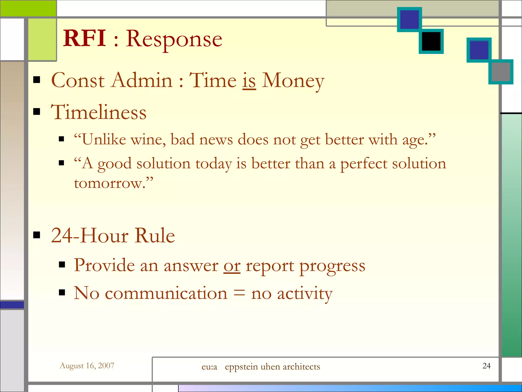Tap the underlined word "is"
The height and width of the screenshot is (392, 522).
tap(249, 81)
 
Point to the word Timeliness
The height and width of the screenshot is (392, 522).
tap(99, 112)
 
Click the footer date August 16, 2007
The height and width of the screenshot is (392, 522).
tap(87, 366)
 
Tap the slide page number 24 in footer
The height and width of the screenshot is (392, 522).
tap(486, 366)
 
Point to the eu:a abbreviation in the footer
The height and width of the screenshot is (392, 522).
tap(209, 367)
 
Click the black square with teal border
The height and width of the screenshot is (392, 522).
tap(431, 41)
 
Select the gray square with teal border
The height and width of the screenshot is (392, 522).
tap(501, 72)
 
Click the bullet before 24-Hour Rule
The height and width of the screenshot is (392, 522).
tap(37, 235)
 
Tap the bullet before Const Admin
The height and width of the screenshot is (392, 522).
tap(37, 80)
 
